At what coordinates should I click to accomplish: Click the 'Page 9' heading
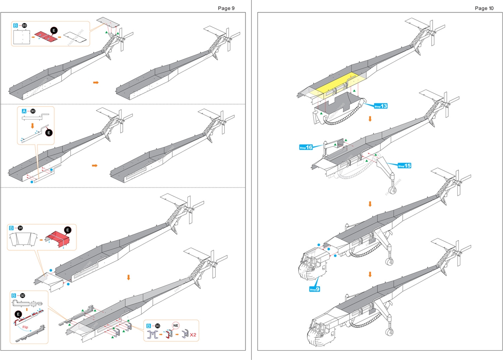pos(226,8)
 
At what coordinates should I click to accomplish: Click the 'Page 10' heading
pos(484,8)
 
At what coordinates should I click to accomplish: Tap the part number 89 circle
pos(24,26)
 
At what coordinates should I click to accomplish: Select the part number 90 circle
pos(33,111)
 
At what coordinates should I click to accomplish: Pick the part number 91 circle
pos(20,228)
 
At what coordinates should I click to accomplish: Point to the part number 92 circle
pos(22,295)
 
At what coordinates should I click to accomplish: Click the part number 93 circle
pos(158,326)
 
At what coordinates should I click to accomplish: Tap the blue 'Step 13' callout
pos(381,106)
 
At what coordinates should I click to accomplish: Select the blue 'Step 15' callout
pos(404,165)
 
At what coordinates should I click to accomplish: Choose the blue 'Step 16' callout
pos(306,147)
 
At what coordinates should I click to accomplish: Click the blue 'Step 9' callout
pos(315,289)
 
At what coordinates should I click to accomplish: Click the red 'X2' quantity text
pos(193,335)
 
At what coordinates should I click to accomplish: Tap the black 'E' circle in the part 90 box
pos(49,132)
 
